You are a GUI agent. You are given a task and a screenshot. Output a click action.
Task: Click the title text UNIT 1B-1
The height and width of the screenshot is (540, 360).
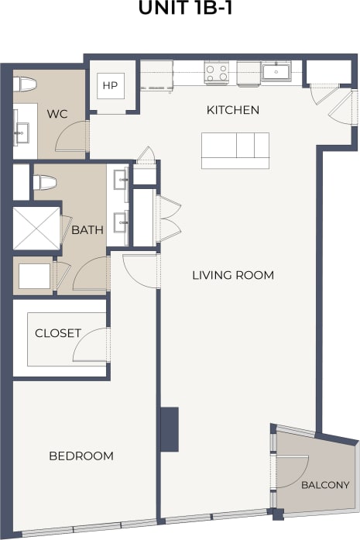180,9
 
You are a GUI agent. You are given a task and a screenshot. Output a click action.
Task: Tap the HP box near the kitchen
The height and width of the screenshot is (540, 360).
110,85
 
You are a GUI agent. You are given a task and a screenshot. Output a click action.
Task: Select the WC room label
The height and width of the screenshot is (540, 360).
57,114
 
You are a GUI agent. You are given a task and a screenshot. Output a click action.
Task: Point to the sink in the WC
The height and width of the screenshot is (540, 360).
21,132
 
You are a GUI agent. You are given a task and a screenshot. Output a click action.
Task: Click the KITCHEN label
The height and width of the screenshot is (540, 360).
232,110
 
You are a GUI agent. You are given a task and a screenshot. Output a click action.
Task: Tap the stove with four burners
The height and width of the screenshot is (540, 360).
216,73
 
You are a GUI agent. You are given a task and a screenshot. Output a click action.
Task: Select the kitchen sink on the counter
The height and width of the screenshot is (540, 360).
276,72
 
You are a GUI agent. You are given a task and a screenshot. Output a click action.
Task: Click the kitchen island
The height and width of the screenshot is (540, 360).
235,150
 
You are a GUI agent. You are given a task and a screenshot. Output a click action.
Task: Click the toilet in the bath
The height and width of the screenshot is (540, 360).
43,183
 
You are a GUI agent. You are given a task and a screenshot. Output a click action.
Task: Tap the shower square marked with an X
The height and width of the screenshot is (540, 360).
36,228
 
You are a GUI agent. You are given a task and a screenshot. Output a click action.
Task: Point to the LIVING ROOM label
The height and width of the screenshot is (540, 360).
233,275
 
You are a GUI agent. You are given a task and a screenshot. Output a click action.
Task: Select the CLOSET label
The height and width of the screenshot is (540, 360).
58,333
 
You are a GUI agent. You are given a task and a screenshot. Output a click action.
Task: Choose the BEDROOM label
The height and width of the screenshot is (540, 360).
81,456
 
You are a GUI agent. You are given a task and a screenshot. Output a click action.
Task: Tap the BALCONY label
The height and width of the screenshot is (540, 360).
325,485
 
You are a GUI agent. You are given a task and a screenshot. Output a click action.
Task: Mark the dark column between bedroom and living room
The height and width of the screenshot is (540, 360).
169,429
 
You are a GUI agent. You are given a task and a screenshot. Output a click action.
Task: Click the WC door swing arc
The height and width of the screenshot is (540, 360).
76,136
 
